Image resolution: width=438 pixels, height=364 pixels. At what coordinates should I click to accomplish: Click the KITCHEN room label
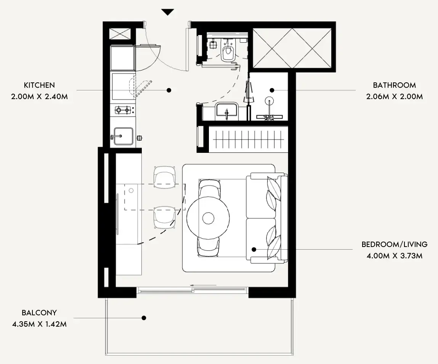tap(39, 85)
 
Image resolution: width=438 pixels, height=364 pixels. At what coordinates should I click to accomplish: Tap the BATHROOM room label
tap(394, 85)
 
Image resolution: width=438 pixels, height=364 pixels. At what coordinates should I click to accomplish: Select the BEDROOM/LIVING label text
tap(395, 244)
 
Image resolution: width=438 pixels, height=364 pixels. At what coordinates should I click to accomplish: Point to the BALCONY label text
tap(39, 313)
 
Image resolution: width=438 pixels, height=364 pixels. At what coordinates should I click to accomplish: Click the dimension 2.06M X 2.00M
tap(395, 97)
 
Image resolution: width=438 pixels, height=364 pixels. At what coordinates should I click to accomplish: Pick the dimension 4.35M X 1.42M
tap(39, 324)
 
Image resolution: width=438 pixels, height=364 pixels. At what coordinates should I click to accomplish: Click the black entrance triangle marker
tap(168, 12)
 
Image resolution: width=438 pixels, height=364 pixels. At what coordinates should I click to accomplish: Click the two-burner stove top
tap(123, 110)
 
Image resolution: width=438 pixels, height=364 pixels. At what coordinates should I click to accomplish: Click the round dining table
tap(208, 218)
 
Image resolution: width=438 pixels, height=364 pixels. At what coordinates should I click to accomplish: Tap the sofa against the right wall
tap(267, 218)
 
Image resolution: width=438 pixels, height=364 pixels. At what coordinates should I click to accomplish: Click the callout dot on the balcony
tap(144, 318)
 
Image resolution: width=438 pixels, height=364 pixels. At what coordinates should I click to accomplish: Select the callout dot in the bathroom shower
tap(272, 90)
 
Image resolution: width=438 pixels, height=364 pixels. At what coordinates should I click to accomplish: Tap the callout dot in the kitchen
tap(169, 90)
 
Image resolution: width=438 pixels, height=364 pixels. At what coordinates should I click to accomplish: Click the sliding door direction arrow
tap(203, 285)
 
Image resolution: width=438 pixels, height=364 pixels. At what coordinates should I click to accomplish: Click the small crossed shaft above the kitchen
tap(120, 34)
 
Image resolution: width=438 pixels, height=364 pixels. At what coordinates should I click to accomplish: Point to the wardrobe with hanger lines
tap(248, 139)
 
